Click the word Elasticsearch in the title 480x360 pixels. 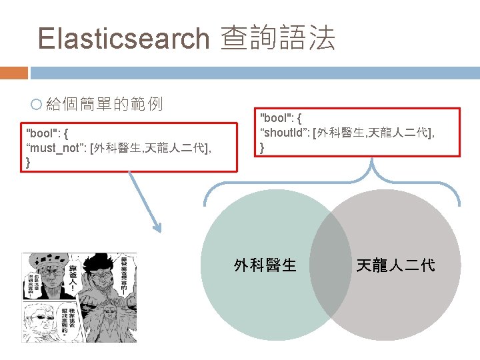click(124, 39)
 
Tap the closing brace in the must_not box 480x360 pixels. click(28, 162)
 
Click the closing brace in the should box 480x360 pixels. click(263, 147)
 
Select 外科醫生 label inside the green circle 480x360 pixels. click(265, 265)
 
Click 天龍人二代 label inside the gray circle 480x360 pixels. click(395, 265)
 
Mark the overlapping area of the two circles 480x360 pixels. click(331, 267)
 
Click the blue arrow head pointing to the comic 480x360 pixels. click(157, 227)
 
